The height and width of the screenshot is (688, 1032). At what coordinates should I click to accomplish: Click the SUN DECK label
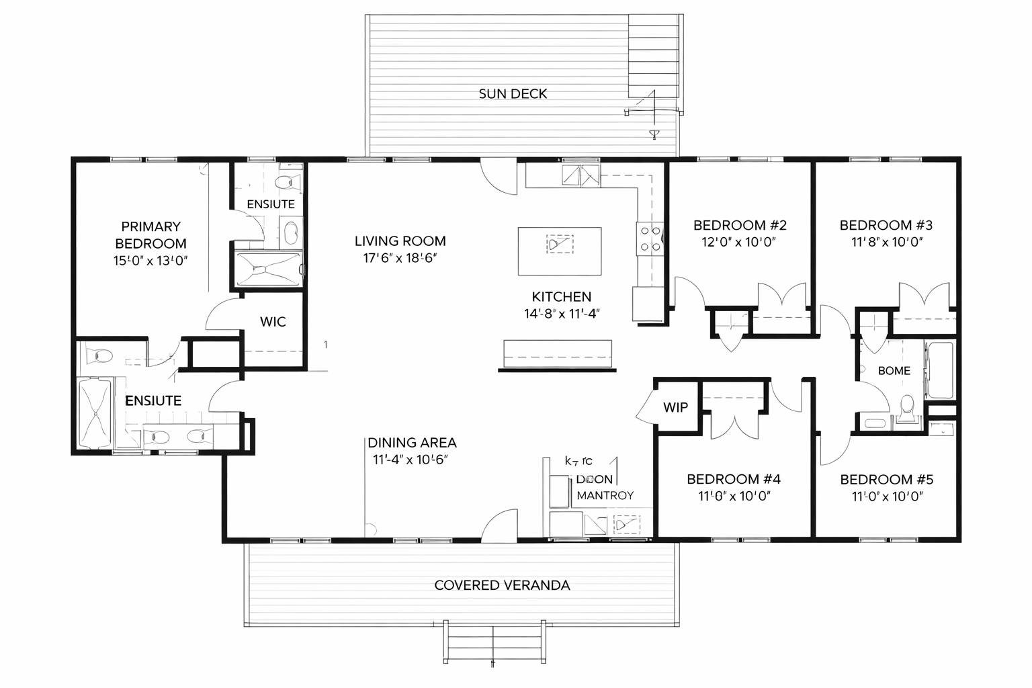coord(513,94)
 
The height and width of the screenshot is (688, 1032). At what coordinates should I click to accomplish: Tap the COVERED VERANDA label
coord(502,585)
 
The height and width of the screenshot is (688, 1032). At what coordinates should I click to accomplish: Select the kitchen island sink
coord(560,244)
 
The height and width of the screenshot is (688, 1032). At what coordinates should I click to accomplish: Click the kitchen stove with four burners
coord(650,239)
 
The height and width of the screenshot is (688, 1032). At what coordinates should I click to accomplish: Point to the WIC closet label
coord(273,322)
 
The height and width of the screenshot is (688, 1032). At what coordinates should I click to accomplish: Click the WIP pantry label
coord(675,407)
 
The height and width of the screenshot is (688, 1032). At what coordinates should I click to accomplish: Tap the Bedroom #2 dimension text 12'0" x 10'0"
coord(739,243)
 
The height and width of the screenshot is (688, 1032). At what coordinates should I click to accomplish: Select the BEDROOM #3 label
coord(886,225)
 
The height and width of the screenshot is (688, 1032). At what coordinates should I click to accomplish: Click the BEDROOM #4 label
coord(733,479)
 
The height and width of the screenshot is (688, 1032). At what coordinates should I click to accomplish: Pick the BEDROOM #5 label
coord(886,479)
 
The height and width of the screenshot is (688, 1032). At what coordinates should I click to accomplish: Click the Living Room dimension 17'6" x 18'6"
coord(400,258)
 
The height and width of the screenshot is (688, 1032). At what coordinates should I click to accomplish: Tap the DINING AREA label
coord(412,443)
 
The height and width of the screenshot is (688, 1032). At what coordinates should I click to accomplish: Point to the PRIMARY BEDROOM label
coord(150,234)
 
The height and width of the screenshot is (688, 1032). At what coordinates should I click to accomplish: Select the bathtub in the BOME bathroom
coord(938,370)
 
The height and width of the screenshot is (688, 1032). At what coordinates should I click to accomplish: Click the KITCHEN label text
coord(561,296)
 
